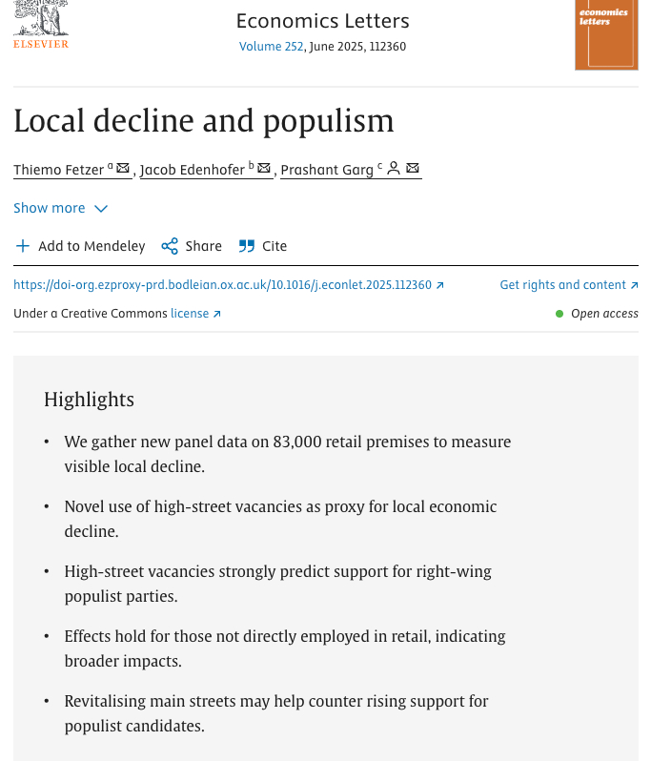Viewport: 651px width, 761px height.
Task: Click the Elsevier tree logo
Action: click(40, 19)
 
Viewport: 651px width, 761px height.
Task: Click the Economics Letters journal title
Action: click(322, 21)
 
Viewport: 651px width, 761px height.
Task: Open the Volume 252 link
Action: click(272, 47)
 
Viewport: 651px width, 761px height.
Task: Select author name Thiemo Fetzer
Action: click(58, 170)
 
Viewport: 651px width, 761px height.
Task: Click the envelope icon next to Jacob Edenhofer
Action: click(264, 169)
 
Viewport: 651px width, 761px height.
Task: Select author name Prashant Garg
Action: click(326, 170)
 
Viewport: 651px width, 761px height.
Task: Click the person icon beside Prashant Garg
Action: click(394, 169)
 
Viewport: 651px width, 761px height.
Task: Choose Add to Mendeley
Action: click(81, 246)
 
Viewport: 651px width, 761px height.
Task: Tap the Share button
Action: click(192, 246)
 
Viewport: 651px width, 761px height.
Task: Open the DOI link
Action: click(229, 285)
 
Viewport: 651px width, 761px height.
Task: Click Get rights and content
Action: click(569, 285)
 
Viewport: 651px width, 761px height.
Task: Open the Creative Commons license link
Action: click(195, 314)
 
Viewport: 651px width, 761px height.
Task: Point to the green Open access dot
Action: click(559, 314)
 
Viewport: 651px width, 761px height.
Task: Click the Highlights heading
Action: click(89, 399)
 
